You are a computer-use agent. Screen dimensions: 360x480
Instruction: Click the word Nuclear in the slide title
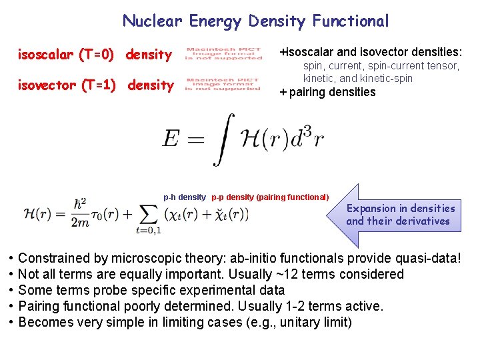[152, 21]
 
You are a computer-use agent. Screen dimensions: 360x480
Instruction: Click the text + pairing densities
[327, 92]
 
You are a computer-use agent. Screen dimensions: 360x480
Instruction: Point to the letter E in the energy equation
[171, 138]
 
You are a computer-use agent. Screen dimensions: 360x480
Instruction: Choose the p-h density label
[185, 197]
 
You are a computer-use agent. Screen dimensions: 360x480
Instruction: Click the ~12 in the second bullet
[273, 274]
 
